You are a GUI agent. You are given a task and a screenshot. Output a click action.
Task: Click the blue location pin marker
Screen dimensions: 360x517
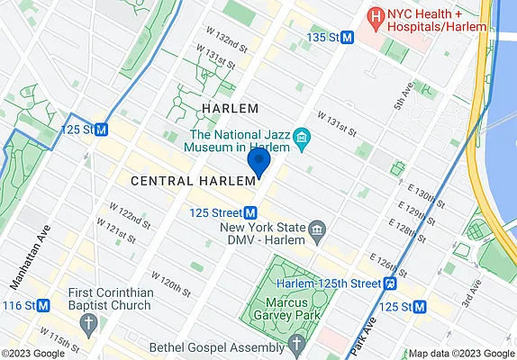(x=259, y=164)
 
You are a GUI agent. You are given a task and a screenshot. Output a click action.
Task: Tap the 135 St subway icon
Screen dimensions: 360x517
(x=347, y=37)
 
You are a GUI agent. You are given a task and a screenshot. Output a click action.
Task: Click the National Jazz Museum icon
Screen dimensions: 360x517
(x=301, y=138)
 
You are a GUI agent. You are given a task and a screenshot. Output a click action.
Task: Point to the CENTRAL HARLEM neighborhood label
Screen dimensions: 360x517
(x=186, y=181)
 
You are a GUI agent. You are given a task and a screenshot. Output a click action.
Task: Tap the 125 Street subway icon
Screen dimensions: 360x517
(x=251, y=212)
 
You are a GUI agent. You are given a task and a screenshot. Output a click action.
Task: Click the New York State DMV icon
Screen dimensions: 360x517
(x=317, y=234)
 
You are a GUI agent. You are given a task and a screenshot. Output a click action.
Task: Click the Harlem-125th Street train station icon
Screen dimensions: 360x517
(x=391, y=283)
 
